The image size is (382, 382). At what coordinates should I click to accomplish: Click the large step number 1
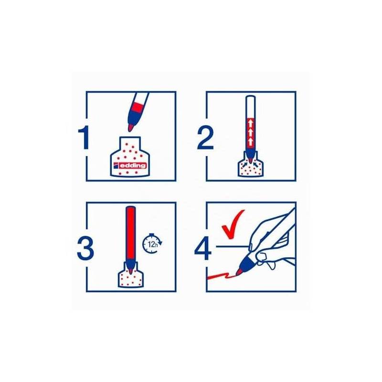pyautogui.click(x=84, y=138)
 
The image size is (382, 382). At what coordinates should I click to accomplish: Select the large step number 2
pyautogui.click(x=205, y=138)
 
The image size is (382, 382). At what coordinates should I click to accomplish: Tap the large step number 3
pyautogui.click(x=85, y=248)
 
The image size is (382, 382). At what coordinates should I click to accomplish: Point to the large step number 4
pyautogui.click(x=202, y=248)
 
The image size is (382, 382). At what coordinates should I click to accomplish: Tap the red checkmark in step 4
pyautogui.click(x=233, y=224)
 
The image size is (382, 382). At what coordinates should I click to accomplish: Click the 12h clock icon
pyautogui.click(x=152, y=244)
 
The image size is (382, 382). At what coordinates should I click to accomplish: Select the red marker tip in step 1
pyautogui.click(x=130, y=127)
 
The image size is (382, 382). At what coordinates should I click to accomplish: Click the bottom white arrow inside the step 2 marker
pyautogui.click(x=251, y=141)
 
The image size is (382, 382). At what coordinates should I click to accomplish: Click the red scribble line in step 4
pyautogui.click(x=221, y=276)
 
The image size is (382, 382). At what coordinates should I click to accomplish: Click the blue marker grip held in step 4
pyautogui.click(x=247, y=264)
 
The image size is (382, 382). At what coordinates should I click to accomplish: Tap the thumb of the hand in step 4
pyautogui.click(x=263, y=256)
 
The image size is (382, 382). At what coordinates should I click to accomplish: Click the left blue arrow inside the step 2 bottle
pyautogui.click(x=244, y=164)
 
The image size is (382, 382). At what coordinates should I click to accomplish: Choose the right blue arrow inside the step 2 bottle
pyautogui.click(x=256, y=164)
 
